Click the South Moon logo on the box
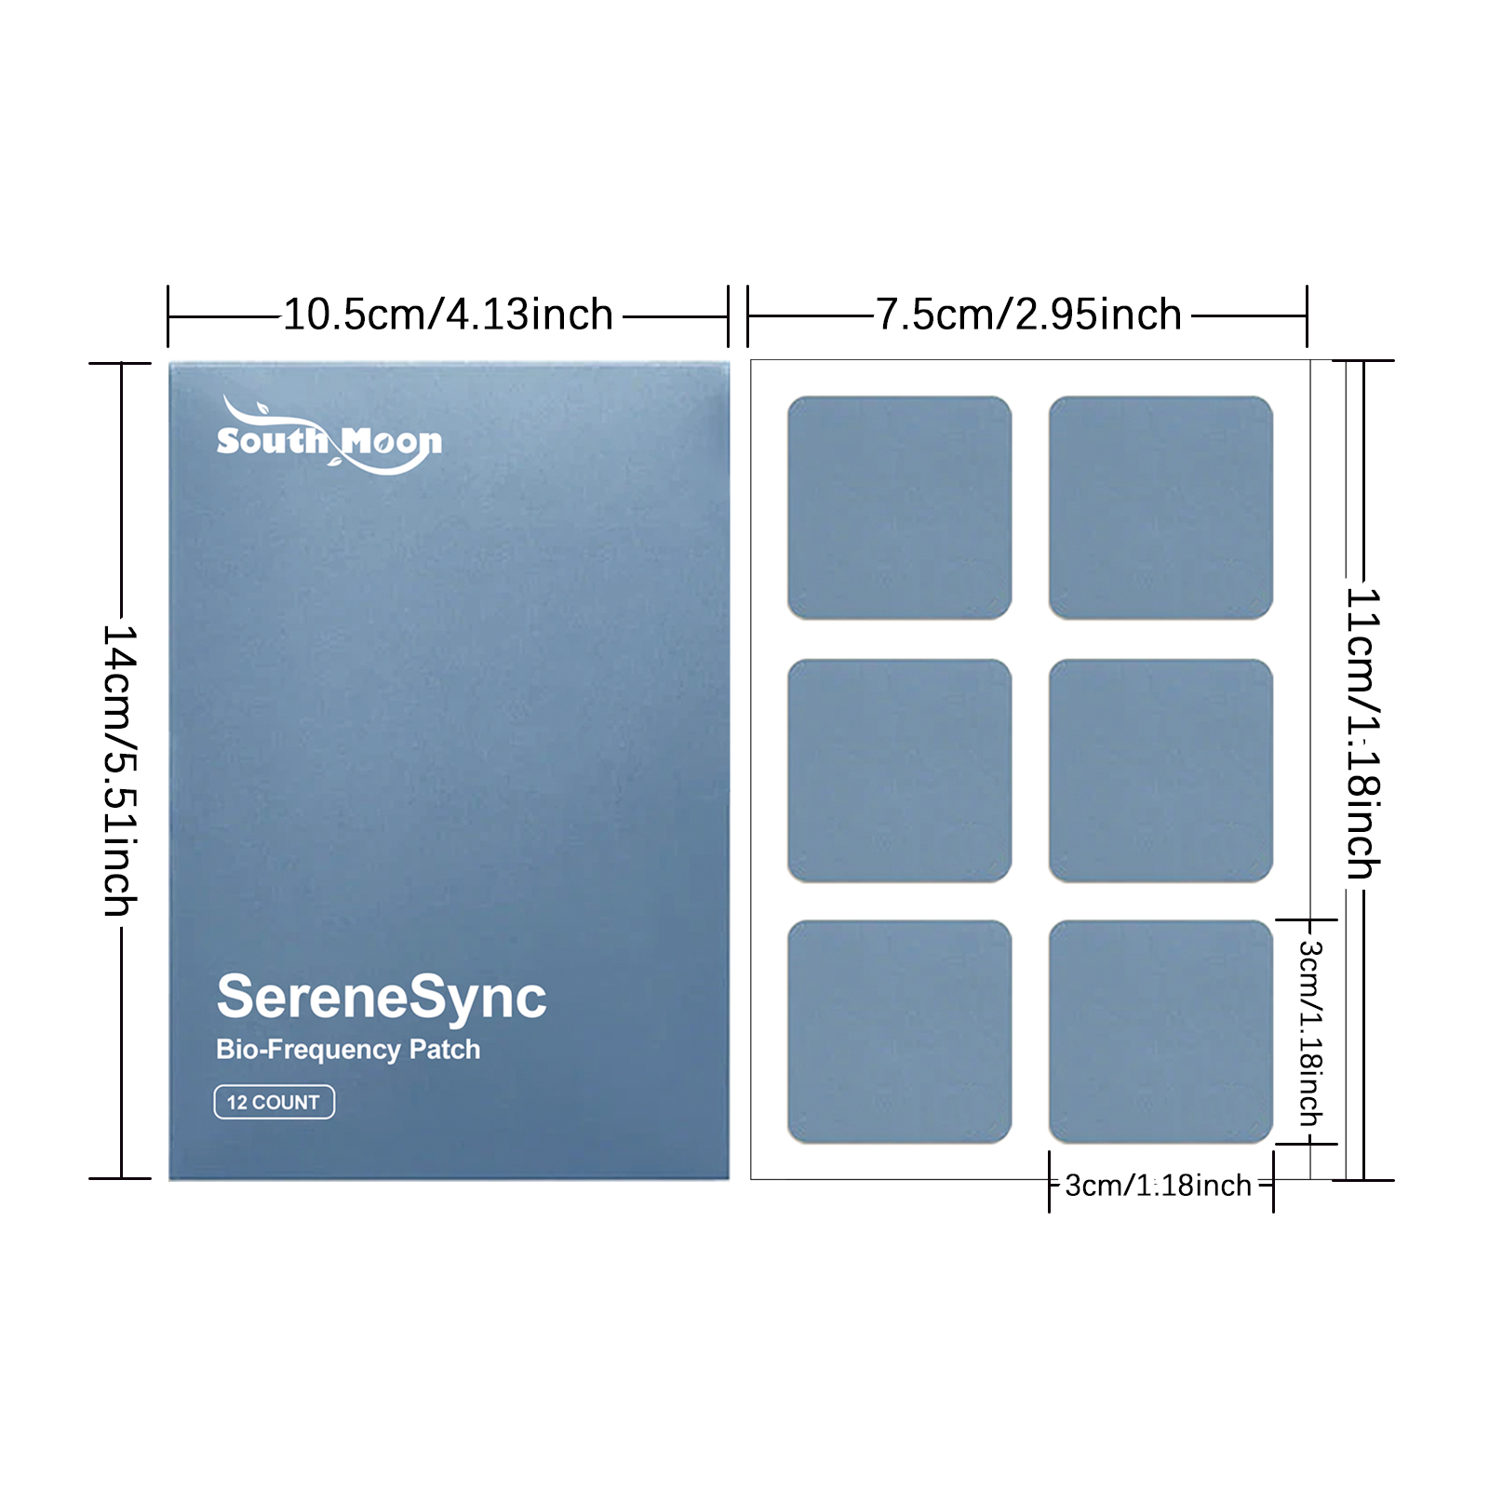[329, 436]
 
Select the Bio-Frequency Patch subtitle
[348, 1050]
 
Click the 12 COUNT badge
[275, 1102]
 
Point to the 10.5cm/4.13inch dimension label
[448, 315]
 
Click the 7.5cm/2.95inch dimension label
[1028, 315]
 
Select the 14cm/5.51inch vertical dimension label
[120, 771]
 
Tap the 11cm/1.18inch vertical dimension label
[1364, 733]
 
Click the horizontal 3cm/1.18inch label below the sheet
[1159, 1186]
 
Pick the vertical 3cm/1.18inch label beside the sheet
[1310, 1033]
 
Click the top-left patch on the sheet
[900, 508]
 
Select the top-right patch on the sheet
[1160, 508]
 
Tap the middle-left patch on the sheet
[900, 771]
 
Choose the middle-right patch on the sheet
[1160, 771]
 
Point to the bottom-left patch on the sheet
[900, 1032]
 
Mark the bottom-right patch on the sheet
[1160, 1032]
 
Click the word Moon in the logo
[392, 443]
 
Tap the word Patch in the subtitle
[445, 1049]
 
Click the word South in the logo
[273, 440]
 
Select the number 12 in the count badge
[237, 1103]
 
